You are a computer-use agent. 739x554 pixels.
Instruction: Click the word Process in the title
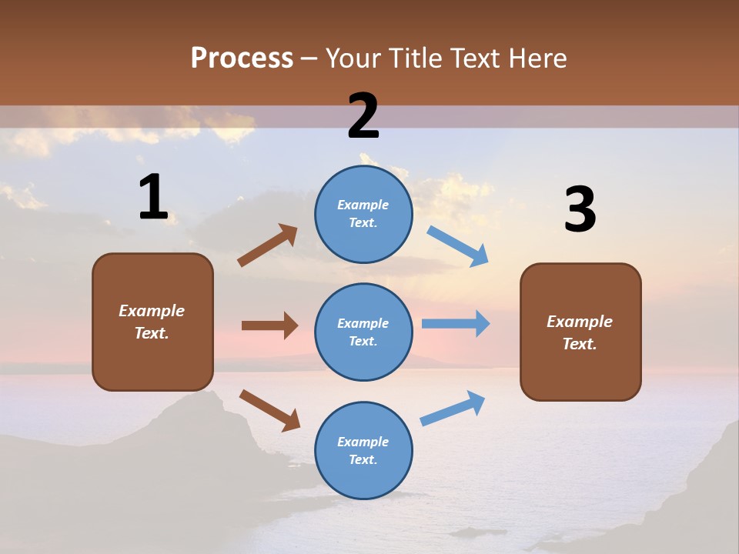pyautogui.click(x=242, y=58)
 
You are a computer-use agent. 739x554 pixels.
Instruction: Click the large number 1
pyautogui.click(x=153, y=198)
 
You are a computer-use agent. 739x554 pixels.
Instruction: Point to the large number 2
pyautogui.click(x=363, y=116)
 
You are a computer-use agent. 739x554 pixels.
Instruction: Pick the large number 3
pyautogui.click(x=580, y=210)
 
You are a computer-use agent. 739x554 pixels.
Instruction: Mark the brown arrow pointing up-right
pyautogui.click(x=268, y=245)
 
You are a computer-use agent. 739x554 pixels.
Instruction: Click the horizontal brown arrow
pyautogui.click(x=269, y=325)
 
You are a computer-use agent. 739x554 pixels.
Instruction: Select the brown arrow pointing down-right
pyautogui.click(x=269, y=410)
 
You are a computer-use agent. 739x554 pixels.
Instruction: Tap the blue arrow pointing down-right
pyautogui.click(x=458, y=246)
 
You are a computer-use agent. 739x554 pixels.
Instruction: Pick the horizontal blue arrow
pyautogui.click(x=456, y=323)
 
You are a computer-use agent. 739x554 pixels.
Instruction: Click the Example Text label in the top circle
pyautogui.click(x=363, y=214)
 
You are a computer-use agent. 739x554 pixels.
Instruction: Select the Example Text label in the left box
pyautogui.click(x=152, y=322)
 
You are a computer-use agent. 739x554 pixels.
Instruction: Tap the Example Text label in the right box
pyautogui.click(x=580, y=332)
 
